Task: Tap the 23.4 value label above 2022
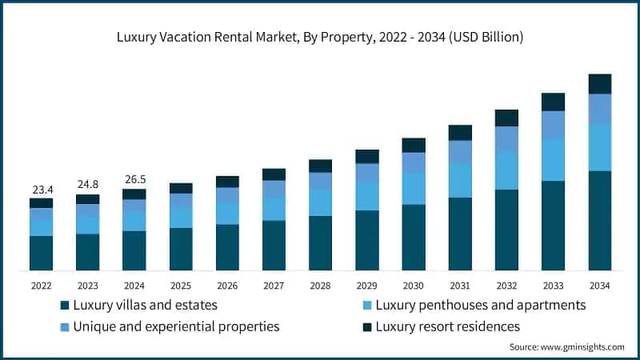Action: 42,189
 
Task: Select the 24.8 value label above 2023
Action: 88,185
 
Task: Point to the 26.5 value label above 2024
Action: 134,179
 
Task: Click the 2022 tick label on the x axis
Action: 42,285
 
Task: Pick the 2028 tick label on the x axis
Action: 320,285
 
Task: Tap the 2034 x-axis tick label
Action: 599,285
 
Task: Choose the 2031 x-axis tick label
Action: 460,285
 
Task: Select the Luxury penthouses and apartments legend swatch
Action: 367,306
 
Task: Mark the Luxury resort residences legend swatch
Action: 367,326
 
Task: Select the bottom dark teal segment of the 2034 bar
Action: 599,221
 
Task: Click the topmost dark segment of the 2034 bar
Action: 599,84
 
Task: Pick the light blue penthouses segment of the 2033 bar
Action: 553,159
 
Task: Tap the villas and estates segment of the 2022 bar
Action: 42,253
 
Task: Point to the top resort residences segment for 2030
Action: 414,145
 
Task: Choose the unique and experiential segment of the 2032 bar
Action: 506,139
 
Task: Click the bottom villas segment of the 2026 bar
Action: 227,247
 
